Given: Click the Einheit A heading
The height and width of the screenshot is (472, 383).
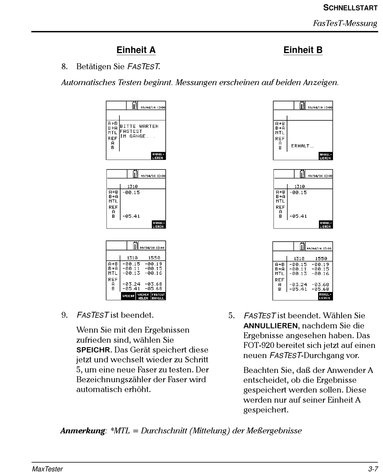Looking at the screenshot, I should point(136,50).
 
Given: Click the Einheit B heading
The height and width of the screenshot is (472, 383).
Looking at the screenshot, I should point(303,50).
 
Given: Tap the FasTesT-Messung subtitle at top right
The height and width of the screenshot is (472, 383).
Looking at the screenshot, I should point(345,23).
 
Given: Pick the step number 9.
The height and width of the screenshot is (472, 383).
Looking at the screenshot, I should point(64,314).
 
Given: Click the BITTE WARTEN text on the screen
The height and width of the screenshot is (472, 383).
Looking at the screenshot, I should point(139,126).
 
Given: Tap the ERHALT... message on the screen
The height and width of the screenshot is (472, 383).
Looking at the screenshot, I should point(300,146).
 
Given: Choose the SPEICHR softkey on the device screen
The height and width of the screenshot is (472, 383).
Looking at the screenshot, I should point(129,297).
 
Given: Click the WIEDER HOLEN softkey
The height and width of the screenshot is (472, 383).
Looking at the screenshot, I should point(144,297).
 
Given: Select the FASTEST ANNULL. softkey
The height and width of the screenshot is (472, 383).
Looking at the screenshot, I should point(158,297).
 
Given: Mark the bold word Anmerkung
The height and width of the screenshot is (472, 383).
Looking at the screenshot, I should point(82,431).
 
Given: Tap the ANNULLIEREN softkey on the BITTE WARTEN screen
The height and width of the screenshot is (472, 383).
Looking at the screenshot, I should point(158,156).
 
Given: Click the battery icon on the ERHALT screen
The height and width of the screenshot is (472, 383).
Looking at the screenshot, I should point(302,106).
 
